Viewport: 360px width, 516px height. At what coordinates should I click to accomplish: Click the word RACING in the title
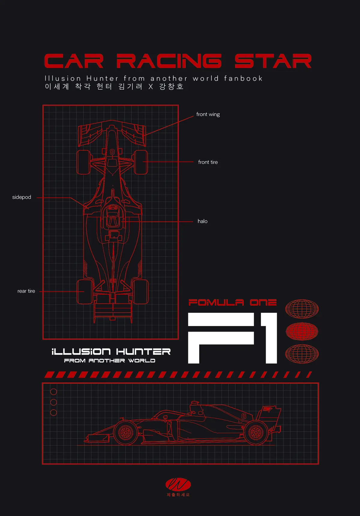point(169,61)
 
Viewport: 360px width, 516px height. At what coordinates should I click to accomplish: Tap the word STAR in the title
point(273,61)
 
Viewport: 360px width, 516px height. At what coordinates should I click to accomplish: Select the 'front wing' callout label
point(208,114)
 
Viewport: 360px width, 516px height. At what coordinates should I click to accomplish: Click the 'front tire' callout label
point(208,162)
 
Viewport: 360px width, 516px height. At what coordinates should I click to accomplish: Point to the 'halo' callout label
point(202,221)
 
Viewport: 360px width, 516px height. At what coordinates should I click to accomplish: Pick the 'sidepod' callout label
point(22,197)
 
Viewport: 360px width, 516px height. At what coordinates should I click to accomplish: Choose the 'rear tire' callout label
point(26,291)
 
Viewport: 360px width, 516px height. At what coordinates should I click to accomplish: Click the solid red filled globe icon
point(302,331)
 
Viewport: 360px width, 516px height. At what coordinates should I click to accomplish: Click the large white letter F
point(221,338)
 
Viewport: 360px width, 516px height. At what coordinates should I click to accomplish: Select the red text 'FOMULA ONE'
point(232,302)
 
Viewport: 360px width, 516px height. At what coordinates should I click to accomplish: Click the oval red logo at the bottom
point(178,484)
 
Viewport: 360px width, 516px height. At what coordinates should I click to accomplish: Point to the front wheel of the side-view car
point(126,433)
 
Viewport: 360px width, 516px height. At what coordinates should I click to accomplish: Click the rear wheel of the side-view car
point(256,433)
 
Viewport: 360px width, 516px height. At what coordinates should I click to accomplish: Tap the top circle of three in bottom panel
point(54,392)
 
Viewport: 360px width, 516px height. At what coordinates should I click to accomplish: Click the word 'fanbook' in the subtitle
point(243,78)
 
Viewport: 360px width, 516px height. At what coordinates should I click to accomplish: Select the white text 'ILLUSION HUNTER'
point(111,352)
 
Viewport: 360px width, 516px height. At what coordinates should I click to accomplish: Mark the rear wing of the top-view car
point(113,312)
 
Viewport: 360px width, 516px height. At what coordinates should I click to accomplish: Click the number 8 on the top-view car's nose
point(112,152)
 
